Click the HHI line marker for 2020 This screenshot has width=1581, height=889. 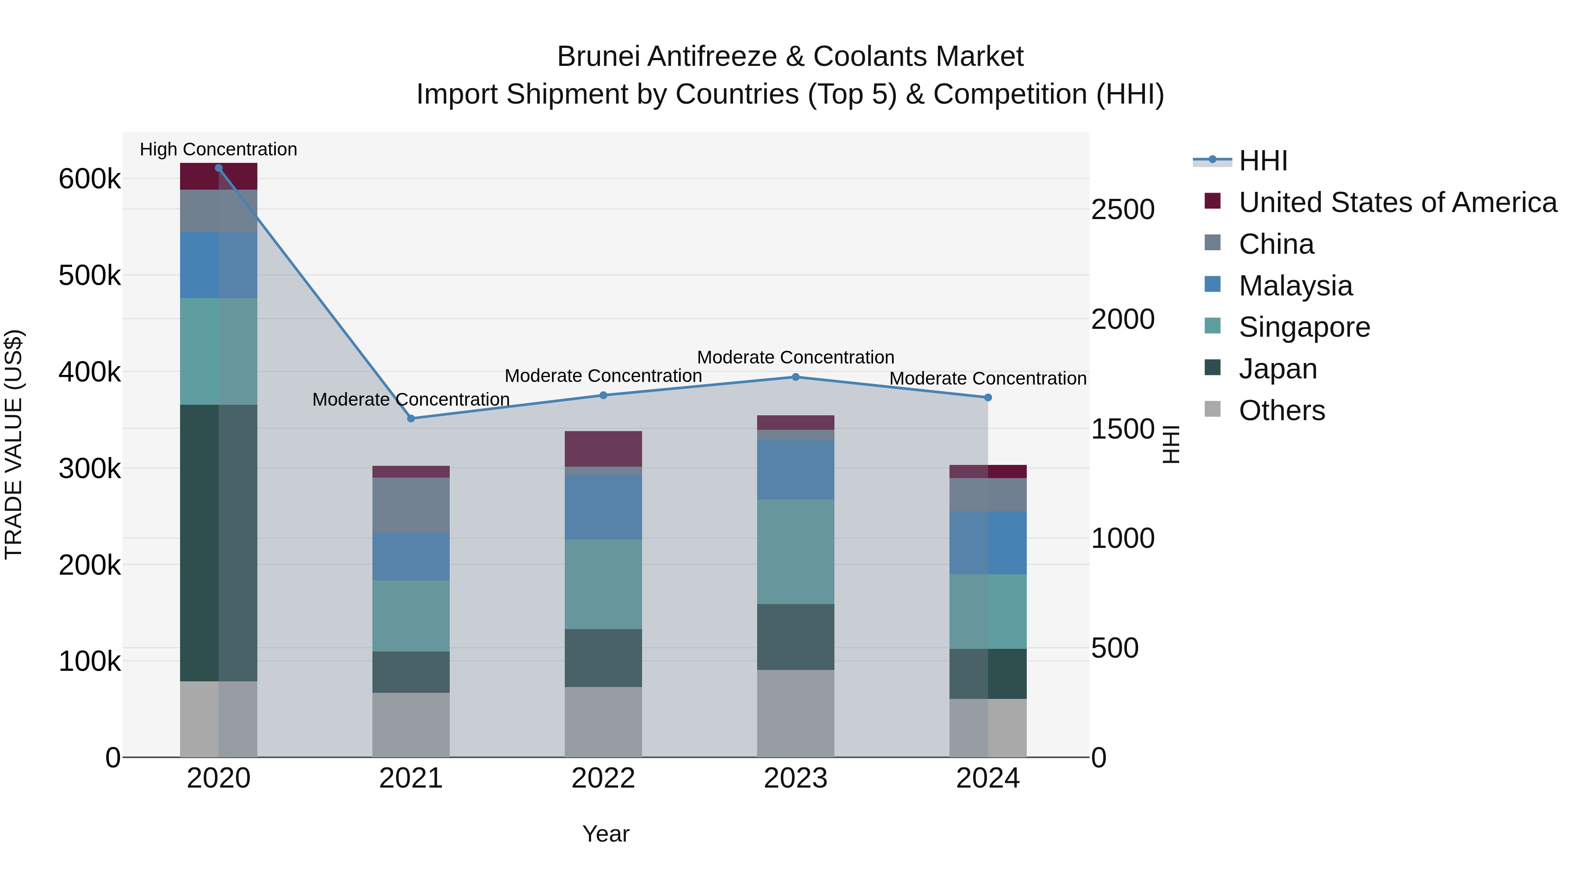[219, 168]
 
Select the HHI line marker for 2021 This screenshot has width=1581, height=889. [411, 418]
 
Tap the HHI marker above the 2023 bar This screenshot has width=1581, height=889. [795, 377]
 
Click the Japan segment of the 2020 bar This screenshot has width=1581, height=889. [219, 543]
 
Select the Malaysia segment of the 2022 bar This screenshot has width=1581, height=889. [603, 507]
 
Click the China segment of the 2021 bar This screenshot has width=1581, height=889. [411, 505]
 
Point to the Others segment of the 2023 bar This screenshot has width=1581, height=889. [795, 713]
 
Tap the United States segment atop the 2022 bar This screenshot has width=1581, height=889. [603, 449]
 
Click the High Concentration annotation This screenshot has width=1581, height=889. [219, 149]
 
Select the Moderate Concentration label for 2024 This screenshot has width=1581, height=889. [988, 378]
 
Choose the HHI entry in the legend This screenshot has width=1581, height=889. [1263, 161]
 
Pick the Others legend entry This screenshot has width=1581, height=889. [1281, 410]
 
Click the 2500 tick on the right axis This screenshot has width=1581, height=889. [1123, 210]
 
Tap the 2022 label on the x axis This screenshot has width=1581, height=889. [603, 778]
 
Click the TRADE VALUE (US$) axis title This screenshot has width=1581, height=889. [14, 444]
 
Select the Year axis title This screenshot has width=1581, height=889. [606, 834]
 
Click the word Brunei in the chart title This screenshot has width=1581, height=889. [599, 57]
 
